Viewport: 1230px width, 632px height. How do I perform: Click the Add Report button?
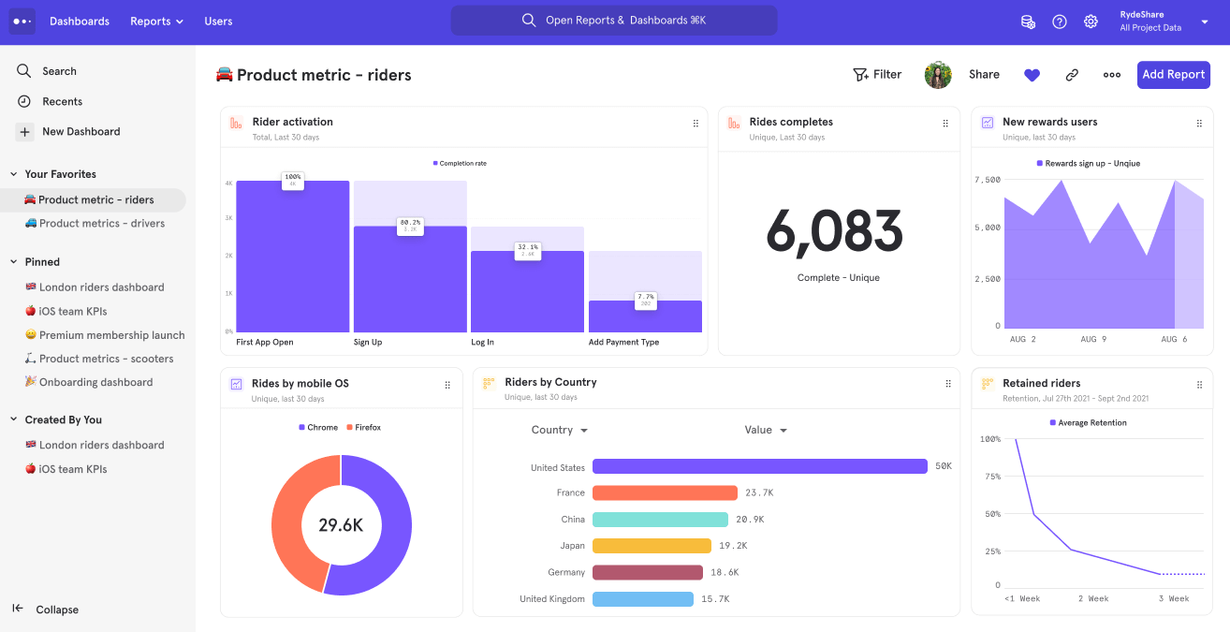1173,75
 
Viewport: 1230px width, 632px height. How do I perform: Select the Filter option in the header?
877,75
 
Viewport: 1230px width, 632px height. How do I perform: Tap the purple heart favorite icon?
1032,75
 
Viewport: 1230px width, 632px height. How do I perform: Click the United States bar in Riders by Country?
759,466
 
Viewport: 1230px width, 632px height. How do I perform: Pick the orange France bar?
665,492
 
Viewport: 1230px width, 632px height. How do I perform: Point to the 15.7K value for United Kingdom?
715,599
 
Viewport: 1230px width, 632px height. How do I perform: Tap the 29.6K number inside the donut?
341,525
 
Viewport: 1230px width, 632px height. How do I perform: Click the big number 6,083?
834,231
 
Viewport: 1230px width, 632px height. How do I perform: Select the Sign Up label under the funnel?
368,343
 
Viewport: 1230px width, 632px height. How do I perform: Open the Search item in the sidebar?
59,71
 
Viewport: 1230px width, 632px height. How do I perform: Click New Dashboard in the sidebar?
81,132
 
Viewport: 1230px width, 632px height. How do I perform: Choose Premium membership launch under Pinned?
111,335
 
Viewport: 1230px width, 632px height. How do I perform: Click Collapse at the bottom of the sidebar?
56,610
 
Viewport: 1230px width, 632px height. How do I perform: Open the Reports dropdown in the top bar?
156,22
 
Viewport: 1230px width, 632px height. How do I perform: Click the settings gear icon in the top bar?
1091,22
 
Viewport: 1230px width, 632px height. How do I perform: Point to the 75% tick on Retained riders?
990,477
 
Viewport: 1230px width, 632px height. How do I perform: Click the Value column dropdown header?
765,431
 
